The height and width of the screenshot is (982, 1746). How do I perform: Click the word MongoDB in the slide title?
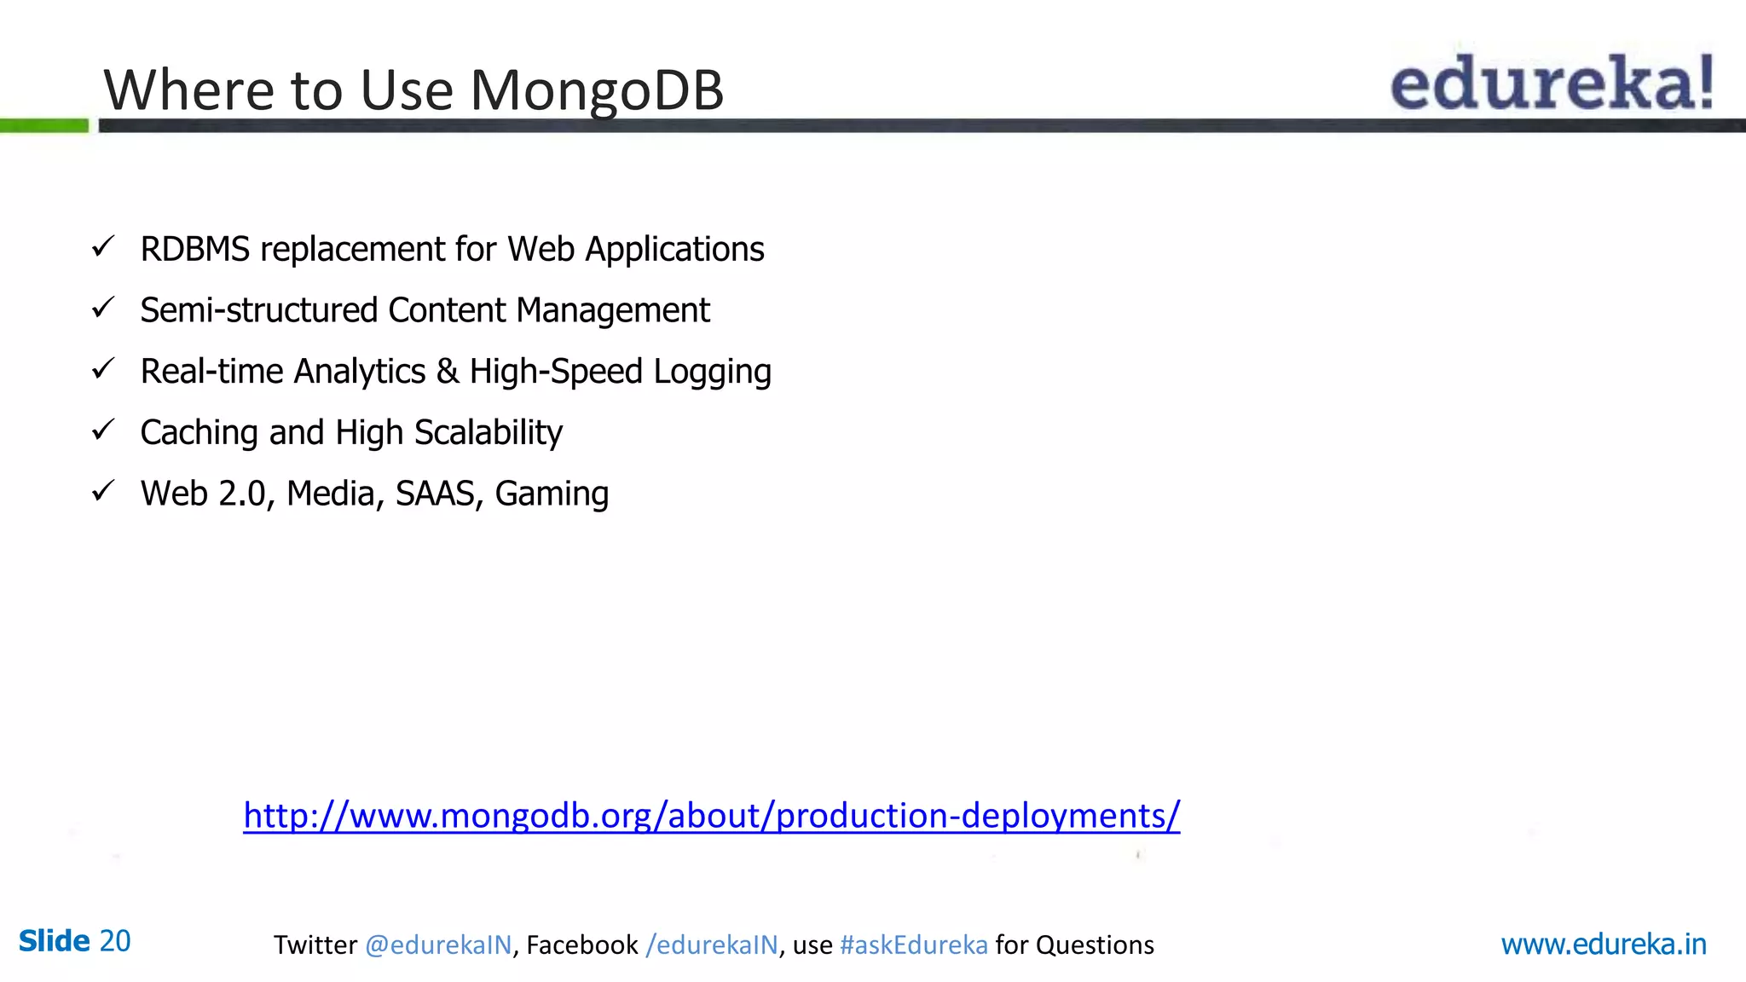597,90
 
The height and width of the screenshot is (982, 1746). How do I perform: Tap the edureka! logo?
1552,83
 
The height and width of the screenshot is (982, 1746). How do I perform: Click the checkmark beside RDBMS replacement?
103,247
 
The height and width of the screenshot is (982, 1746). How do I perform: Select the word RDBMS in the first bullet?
195,250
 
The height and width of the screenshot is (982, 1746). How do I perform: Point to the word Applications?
674,250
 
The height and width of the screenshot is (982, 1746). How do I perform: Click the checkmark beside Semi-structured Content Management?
103,308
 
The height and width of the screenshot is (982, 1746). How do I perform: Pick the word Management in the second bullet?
613,311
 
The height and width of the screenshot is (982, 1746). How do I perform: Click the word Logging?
712,373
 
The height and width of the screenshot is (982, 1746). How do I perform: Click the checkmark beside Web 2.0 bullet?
103,491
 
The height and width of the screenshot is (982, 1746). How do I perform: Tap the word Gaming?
552,494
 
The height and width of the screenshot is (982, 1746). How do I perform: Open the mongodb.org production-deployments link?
711,816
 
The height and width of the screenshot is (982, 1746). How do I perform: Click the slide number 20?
115,941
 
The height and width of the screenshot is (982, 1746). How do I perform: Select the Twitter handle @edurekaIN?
438,945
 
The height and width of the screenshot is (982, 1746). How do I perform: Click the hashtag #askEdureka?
913,945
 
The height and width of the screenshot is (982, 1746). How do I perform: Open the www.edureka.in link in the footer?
1603,944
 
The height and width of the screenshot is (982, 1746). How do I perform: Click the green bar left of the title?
44,126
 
